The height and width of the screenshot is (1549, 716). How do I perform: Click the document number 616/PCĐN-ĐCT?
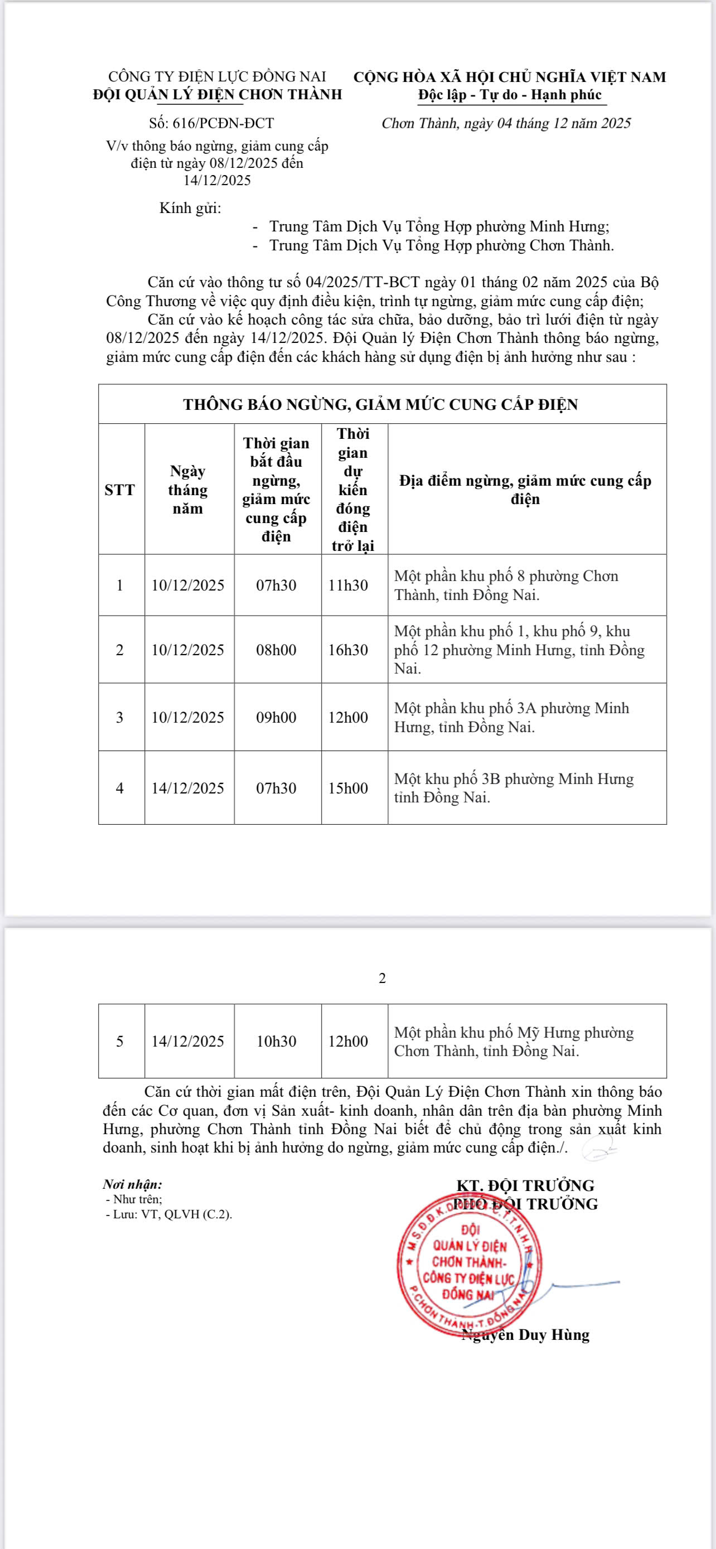point(211,123)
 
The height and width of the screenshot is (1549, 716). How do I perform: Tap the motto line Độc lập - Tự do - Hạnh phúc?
point(510,95)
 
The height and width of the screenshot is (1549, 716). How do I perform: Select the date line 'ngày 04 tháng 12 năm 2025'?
point(506,123)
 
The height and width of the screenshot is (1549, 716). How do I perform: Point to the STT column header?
point(120,490)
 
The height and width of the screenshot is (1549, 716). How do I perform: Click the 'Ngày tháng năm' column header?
point(188,490)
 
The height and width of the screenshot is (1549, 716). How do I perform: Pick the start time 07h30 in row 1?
point(277,585)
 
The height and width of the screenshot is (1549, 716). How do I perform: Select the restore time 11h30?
point(348,585)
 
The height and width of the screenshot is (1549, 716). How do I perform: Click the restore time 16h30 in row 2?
point(348,650)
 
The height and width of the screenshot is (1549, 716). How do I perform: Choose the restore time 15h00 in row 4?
point(348,788)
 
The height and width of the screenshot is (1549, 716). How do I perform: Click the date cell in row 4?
point(188,788)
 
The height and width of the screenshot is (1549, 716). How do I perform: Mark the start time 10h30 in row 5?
point(277,1041)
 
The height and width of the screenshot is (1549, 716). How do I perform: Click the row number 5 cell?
point(120,1041)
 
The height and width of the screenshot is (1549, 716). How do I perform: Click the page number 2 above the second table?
point(383,979)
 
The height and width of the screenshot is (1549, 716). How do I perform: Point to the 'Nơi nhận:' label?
point(132,1184)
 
